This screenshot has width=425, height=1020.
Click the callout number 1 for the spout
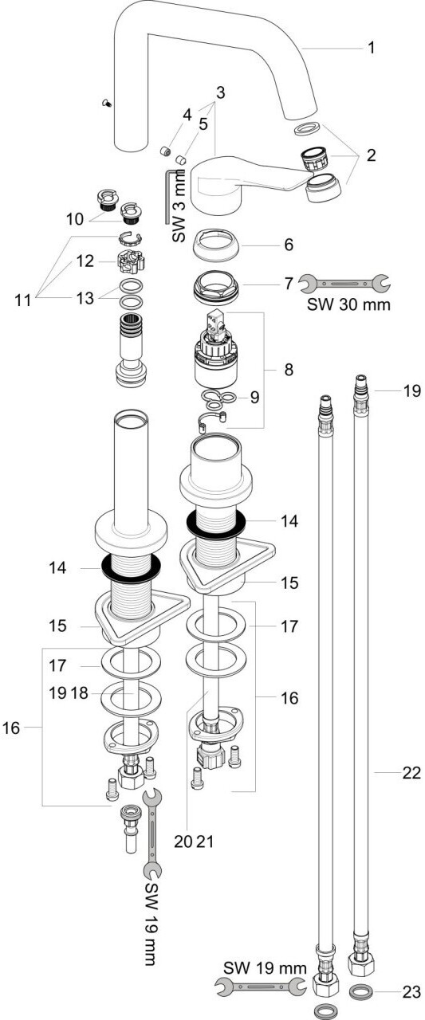tap(372, 47)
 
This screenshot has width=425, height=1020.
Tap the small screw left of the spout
tap(108, 104)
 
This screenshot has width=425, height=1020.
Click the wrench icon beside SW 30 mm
tap(344, 284)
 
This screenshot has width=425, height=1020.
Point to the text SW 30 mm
tap(348, 304)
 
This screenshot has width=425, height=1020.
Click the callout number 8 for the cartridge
tap(289, 369)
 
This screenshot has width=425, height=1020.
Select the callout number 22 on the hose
tap(411, 772)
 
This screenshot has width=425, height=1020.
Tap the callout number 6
tap(289, 245)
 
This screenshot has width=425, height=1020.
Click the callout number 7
tap(289, 284)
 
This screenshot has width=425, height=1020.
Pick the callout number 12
tap(85, 261)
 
